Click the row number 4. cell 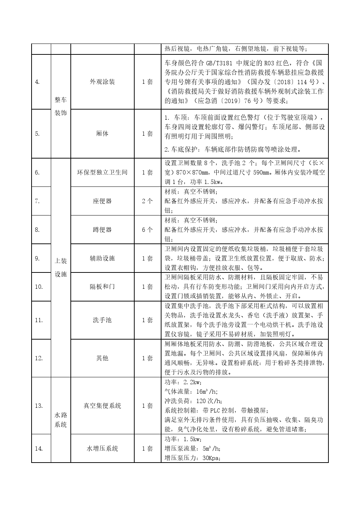(37, 82)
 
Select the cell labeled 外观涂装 (102, 82)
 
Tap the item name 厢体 (102, 134)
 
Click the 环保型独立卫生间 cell (102, 172)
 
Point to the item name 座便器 (102, 201)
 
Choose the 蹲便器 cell (102, 230)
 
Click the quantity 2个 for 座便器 (147, 201)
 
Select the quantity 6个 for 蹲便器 (147, 230)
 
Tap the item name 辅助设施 (102, 258)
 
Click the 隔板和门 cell (102, 287)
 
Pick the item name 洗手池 (102, 320)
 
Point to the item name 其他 (102, 358)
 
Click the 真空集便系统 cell (102, 406)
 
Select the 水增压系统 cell (102, 448)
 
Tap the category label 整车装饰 (61, 106)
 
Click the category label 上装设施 (61, 267)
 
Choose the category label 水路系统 (61, 420)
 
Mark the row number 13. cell (39, 406)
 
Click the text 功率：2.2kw (183, 382)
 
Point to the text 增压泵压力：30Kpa (193, 458)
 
